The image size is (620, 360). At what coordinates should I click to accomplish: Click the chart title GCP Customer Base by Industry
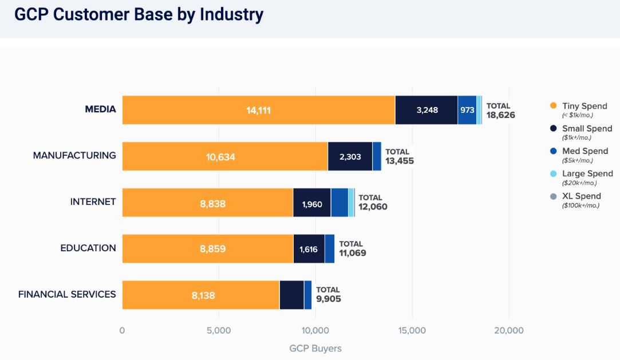[x=139, y=15]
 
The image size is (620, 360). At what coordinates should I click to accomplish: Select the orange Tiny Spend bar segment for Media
[x=259, y=110]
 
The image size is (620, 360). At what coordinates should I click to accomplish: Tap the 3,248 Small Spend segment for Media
[x=427, y=110]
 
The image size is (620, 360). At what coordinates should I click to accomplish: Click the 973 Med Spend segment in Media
[x=467, y=110]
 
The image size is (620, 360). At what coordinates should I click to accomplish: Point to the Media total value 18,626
[x=501, y=114]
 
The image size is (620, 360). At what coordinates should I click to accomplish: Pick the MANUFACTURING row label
[x=74, y=156]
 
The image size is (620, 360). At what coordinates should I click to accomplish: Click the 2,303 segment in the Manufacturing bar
[x=350, y=156]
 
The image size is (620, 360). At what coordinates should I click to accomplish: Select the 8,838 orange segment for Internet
[x=208, y=202]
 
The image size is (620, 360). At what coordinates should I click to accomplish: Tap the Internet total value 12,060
[x=373, y=207]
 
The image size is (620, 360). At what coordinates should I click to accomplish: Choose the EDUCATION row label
[x=88, y=248]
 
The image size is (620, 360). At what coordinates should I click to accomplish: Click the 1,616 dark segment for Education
[x=309, y=248]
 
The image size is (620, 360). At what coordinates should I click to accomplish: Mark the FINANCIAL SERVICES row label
[x=67, y=294]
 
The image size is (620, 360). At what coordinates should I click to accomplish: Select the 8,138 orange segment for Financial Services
[x=201, y=295]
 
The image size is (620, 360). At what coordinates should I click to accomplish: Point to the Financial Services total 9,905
[x=329, y=299]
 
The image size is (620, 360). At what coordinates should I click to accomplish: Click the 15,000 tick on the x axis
[x=412, y=331]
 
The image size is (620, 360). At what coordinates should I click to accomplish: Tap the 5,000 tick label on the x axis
[x=219, y=331]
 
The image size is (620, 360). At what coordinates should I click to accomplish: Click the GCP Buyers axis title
[x=315, y=348]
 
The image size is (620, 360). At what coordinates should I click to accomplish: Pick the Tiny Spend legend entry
[x=584, y=106]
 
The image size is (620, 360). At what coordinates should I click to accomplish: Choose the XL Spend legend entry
[x=581, y=196]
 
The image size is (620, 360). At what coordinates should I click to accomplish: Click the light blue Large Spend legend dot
[x=553, y=173]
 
